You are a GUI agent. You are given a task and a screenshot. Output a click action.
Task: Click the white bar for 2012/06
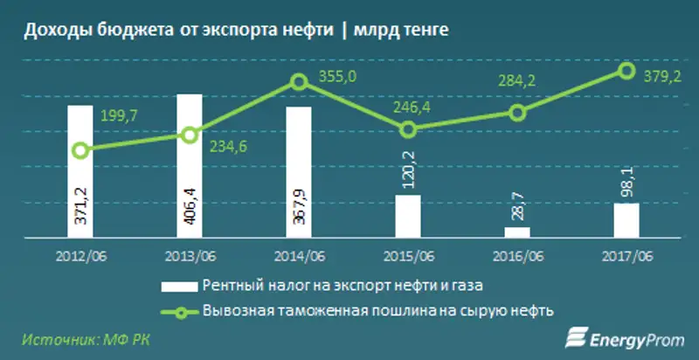click(80, 171)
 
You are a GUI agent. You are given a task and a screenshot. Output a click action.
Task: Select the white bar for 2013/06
click(190, 165)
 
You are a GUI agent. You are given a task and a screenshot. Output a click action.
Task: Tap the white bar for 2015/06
click(408, 215)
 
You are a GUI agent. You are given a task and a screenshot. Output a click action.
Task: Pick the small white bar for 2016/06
click(517, 232)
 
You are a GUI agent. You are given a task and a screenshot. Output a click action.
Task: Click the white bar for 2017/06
click(626, 219)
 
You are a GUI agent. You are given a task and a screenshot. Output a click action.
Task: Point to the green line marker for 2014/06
click(299, 82)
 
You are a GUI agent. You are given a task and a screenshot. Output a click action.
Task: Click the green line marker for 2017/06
click(626, 70)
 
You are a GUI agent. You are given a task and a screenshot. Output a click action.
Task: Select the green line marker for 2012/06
click(80, 150)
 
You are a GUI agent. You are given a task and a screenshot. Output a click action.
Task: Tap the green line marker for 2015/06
click(408, 129)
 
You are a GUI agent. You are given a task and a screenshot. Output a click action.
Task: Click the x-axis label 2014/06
click(299, 254)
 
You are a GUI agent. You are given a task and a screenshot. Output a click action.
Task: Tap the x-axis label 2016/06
click(517, 254)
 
